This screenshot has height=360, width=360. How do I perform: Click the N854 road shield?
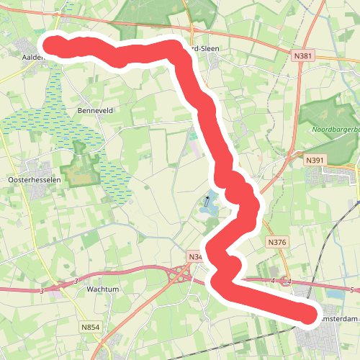click(90, 328)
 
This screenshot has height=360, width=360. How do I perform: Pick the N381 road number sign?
click(302, 55)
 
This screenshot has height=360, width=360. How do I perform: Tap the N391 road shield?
click(314, 160)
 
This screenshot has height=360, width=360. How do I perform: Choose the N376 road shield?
click(276, 243)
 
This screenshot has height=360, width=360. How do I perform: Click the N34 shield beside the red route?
click(195, 256)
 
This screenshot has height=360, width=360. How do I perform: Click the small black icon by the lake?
click(207, 197)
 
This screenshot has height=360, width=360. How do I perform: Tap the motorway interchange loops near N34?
click(179, 274)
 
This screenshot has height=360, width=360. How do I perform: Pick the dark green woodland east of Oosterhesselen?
click(78, 168)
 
